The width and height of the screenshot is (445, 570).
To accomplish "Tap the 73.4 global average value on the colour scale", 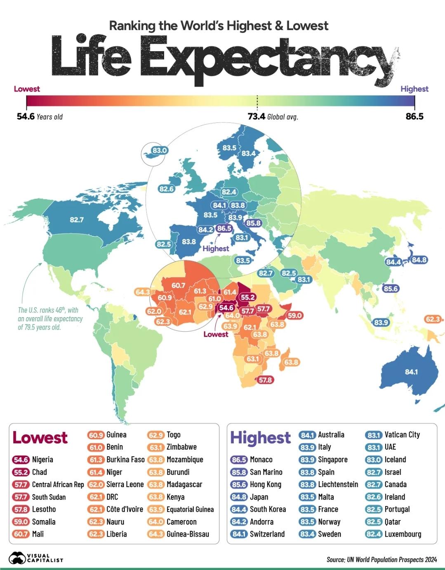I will (256, 117).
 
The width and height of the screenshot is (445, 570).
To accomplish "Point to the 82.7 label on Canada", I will (77, 220).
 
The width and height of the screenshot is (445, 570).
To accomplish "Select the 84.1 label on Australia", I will (411, 372).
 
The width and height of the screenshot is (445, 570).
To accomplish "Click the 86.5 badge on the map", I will (224, 228).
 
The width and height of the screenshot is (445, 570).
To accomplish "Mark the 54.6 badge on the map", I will (226, 307).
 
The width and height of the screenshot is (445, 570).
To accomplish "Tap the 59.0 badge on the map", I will (295, 316).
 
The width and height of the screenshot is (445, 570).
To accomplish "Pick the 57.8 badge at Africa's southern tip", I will (265, 380).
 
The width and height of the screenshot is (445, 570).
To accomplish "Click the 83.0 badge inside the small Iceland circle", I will (159, 150).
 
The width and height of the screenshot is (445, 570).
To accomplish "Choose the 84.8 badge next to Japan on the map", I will (419, 260).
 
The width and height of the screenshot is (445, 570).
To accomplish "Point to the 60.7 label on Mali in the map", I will (178, 285).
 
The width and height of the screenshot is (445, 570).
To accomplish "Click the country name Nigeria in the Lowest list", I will (42, 459).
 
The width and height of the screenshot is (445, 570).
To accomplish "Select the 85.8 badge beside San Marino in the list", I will (239, 472).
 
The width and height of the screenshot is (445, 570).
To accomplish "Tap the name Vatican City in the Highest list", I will (402, 435).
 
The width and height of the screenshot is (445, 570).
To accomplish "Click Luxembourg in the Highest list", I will (403, 534).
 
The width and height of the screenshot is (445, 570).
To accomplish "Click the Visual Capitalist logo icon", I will (17, 558).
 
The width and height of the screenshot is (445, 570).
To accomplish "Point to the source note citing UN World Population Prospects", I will (381, 560).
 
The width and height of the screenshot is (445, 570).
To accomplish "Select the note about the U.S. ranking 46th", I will (50, 318).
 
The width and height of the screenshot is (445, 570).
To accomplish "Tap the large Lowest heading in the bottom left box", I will (40, 437).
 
